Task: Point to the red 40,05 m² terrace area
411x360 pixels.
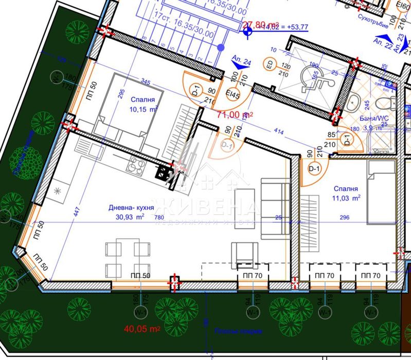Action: pyautogui.click(x=142, y=329)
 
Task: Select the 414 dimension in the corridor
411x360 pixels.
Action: pyautogui.click(x=264, y=133)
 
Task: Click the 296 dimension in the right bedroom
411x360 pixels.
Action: pyautogui.click(x=344, y=218)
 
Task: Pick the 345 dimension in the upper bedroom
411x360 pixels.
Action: pyautogui.click(x=147, y=82)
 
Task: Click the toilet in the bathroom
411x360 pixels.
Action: pyautogui.click(x=354, y=101)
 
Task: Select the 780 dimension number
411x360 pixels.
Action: pyautogui.click(x=160, y=218)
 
